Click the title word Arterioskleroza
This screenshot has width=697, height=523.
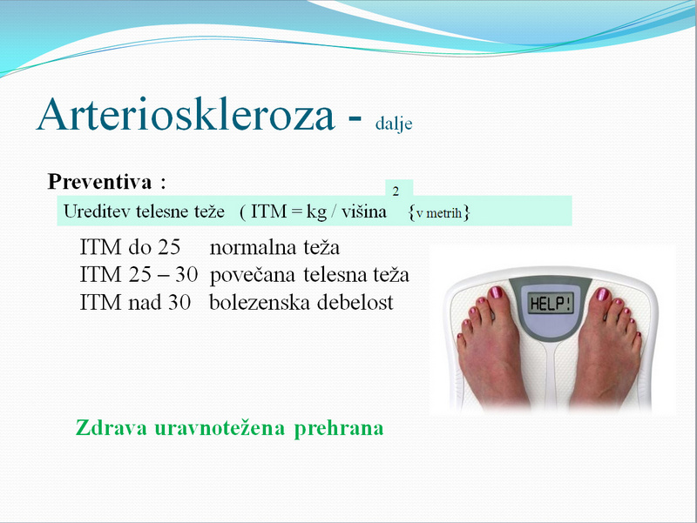pos(186,114)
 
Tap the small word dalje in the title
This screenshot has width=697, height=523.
pos(394,123)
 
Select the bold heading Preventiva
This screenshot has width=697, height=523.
pos(99,181)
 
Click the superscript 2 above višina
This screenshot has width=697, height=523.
pos(396,191)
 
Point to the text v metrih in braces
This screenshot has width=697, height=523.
pos(439,213)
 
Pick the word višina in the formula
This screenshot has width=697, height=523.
pos(364,211)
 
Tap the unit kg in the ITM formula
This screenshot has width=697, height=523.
pos(316,212)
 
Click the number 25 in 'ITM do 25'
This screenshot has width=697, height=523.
pos(169,247)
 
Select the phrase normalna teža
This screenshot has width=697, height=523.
pos(274,247)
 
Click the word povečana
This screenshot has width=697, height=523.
pos(252,275)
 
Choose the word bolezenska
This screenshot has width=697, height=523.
pos(259,302)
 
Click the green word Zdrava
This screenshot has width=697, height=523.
pos(112,428)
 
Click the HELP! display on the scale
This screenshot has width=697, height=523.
pos(551,304)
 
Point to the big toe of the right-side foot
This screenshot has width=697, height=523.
pos(601,298)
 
